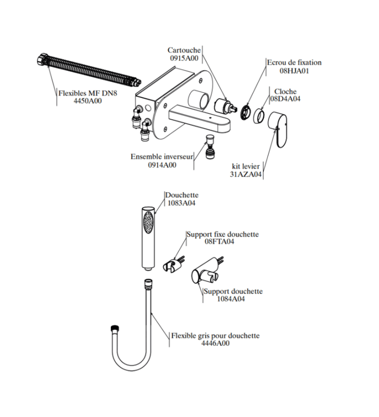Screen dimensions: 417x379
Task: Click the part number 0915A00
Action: [184, 58]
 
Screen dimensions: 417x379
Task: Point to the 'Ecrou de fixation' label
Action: [294, 63]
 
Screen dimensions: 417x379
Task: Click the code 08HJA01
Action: [294, 71]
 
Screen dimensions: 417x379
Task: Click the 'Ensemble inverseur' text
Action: [161, 156]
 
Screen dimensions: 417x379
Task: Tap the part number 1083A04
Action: [180, 203]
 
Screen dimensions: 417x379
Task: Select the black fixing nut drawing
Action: [245, 112]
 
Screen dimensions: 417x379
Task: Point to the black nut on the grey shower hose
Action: [115, 330]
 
